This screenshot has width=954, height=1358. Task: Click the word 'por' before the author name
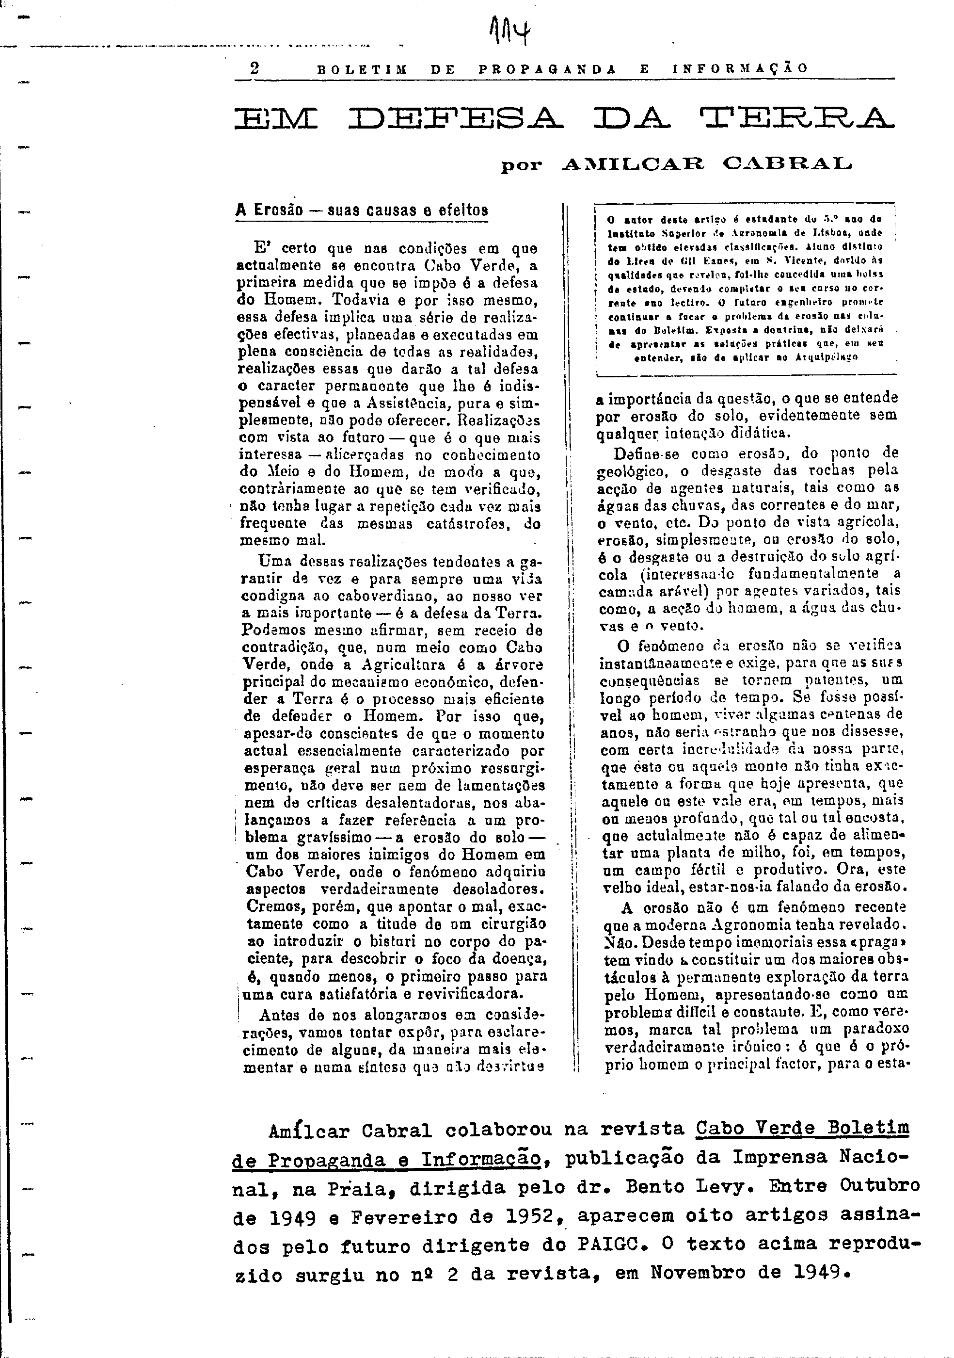(521, 165)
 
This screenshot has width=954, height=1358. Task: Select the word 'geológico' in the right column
(638, 471)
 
